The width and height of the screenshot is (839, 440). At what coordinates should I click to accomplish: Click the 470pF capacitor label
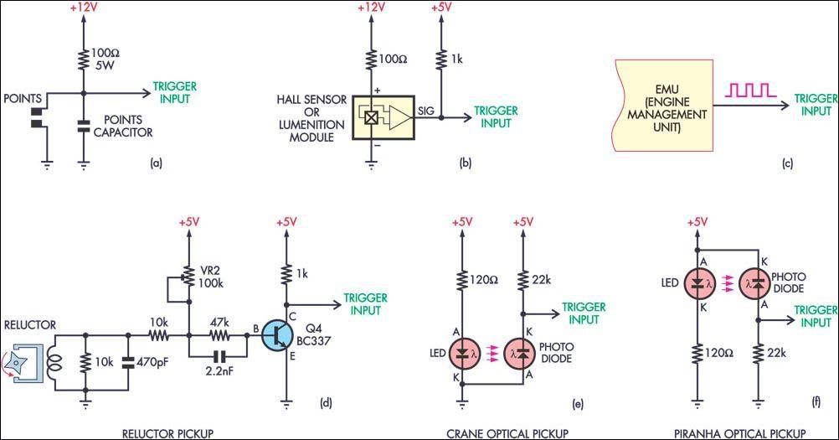click(x=153, y=364)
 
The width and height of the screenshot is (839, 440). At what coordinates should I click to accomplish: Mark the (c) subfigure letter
click(x=787, y=164)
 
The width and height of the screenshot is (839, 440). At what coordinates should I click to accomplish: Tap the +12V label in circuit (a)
click(x=83, y=8)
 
